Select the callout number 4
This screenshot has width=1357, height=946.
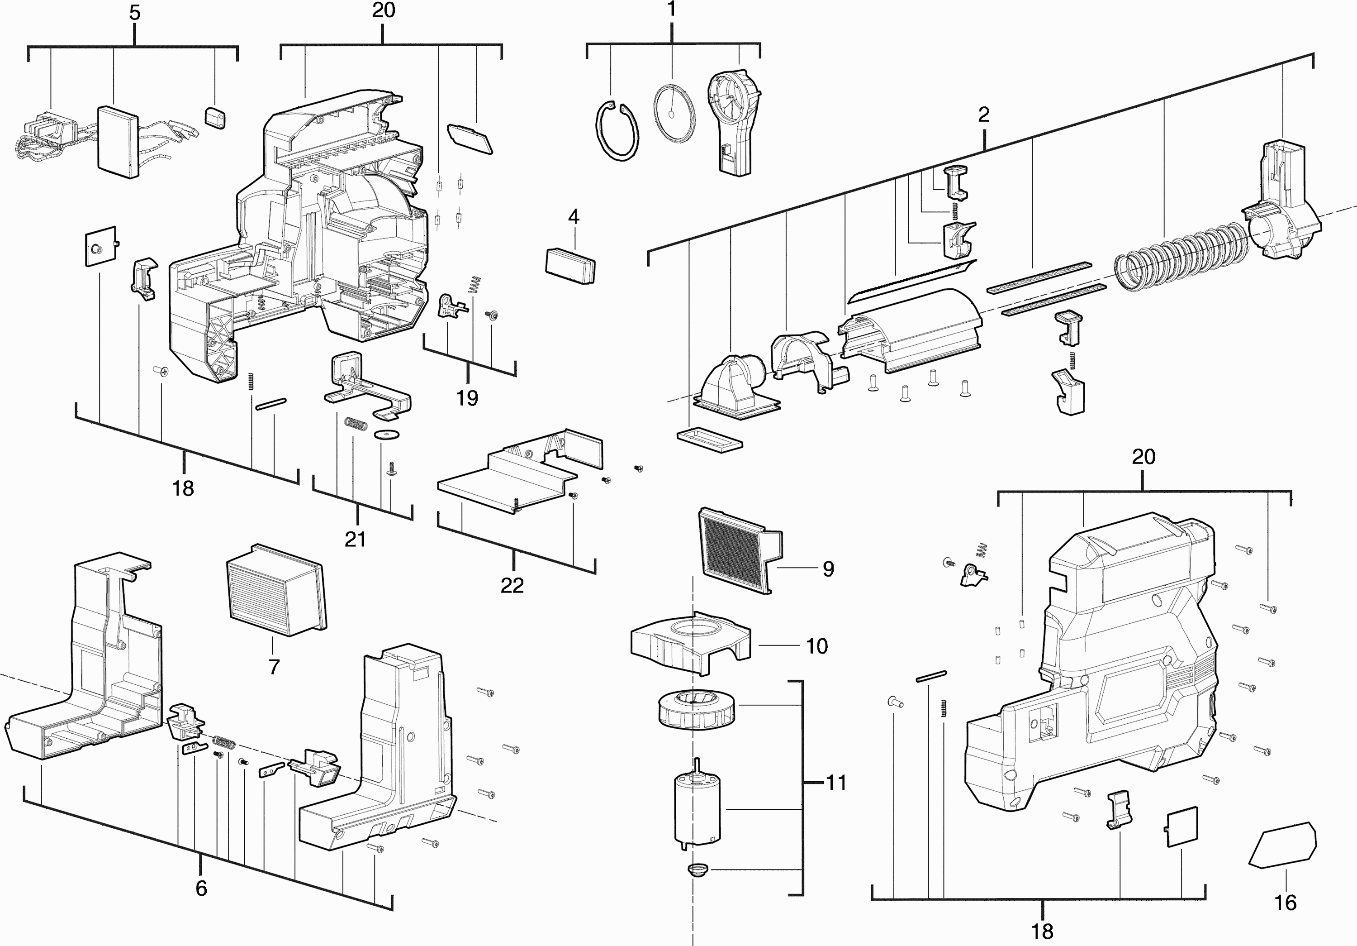pyautogui.click(x=573, y=217)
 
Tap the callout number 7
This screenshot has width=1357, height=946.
pyautogui.click(x=274, y=667)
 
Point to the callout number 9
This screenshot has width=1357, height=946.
pyautogui.click(x=829, y=569)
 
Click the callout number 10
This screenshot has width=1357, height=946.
pyautogui.click(x=817, y=646)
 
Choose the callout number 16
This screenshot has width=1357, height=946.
pyautogui.click(x=1286, y=903)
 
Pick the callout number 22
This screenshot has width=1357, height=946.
pyautogui.click(x=512, y=585)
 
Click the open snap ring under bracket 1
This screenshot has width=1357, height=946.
pyautogui.click(x=617, y=131)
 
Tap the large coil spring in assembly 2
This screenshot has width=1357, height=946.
pyautogui.click(x=1181, y=256)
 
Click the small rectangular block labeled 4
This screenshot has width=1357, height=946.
pyautogui.click(x=570, y=266)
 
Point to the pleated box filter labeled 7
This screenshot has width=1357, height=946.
pyautogui.click(x=275, y=590)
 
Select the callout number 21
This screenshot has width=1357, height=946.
pyautogui.click(x=355, y=539)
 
